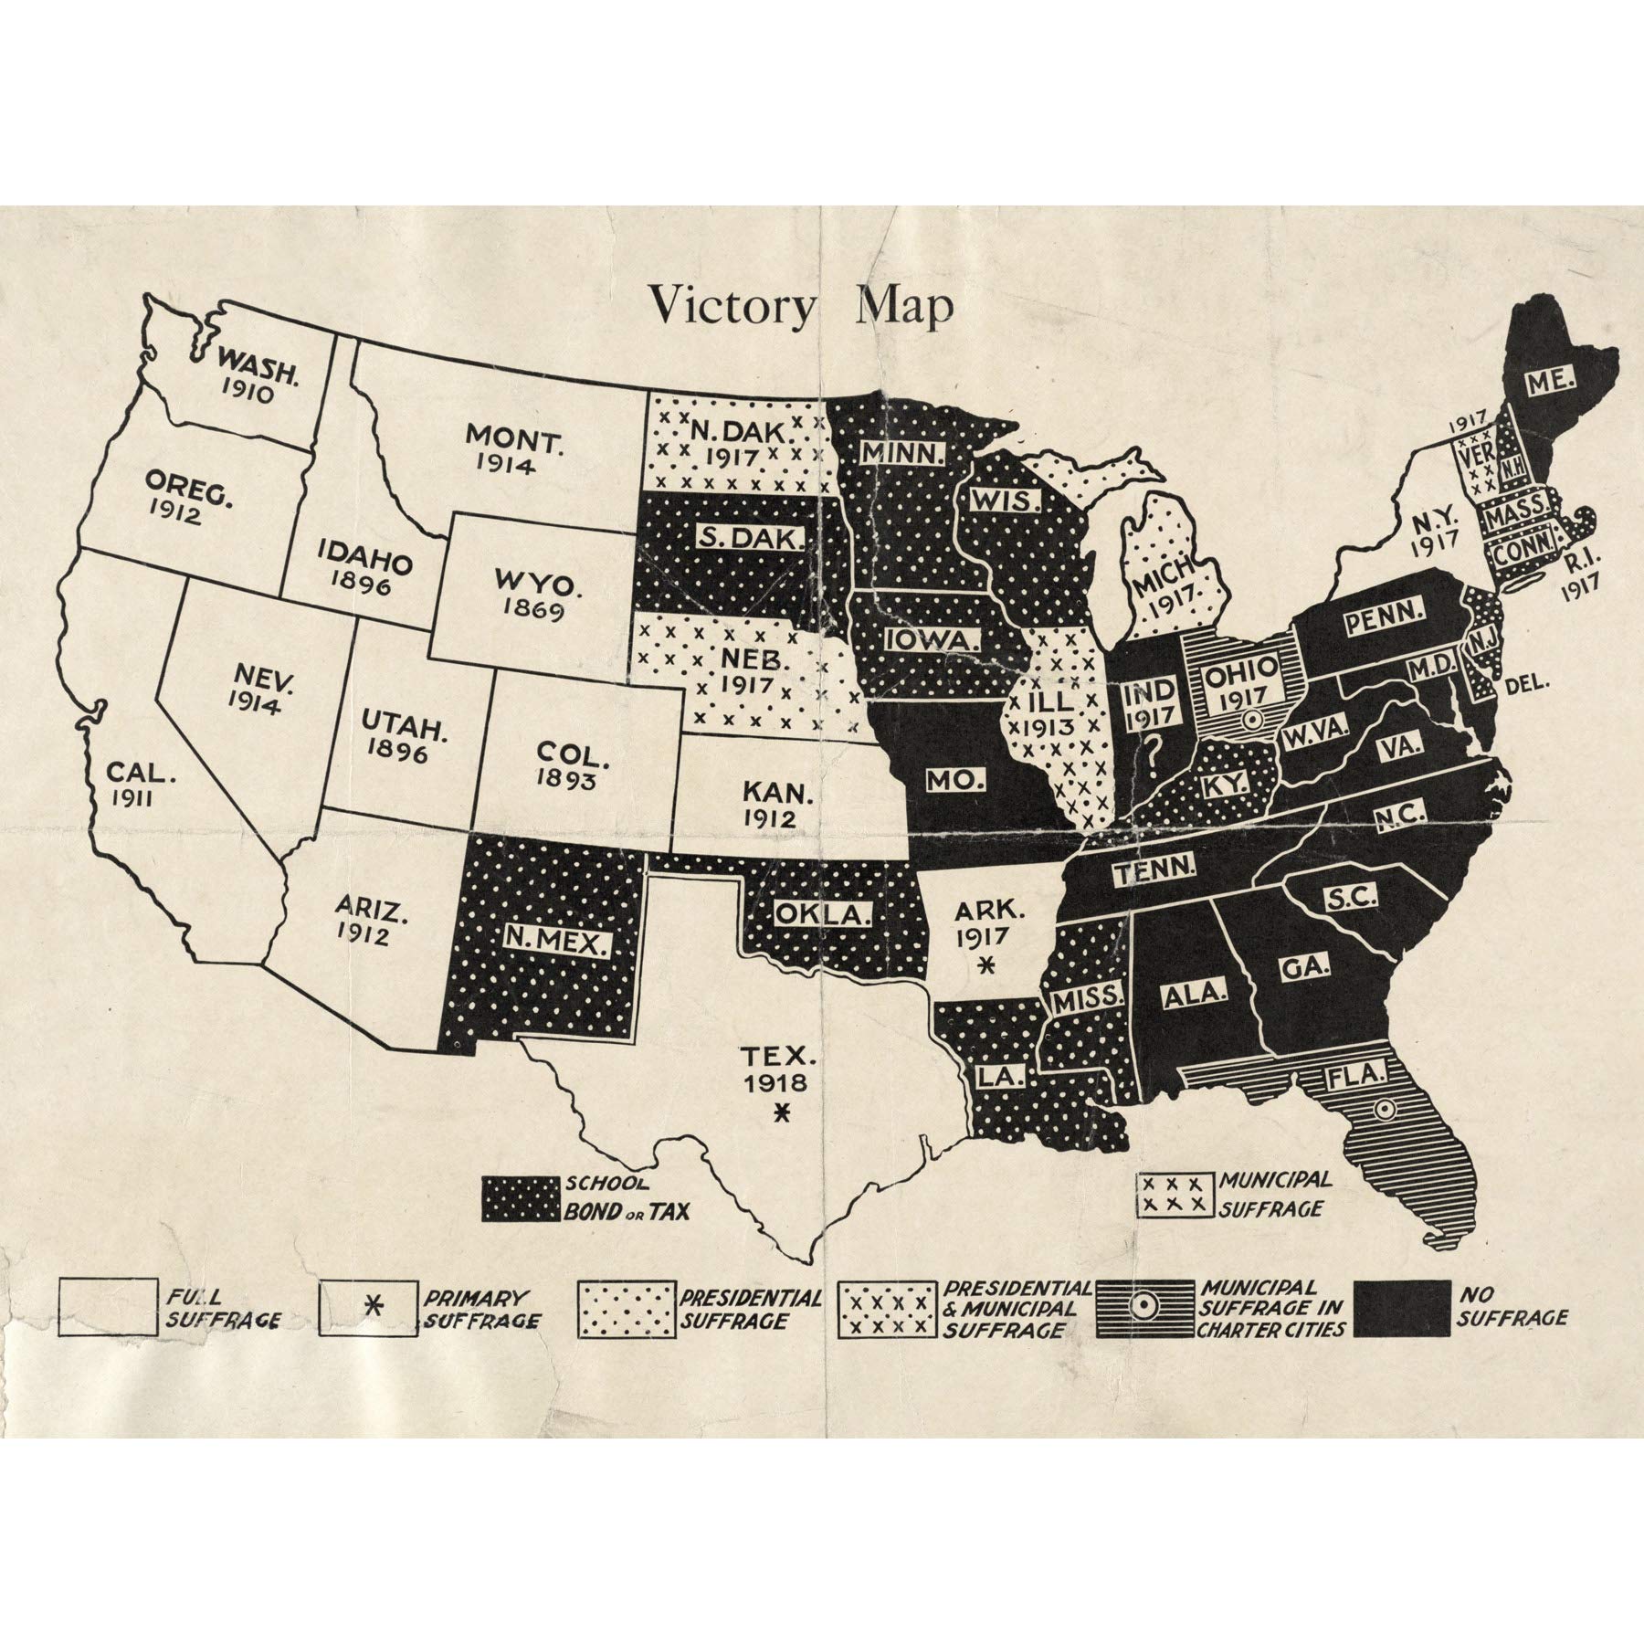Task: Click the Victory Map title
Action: coord(800,307)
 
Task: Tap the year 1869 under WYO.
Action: coord(538,610)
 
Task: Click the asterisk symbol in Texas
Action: coord(781,1112)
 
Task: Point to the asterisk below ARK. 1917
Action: coord(985,965)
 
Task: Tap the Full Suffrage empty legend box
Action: coord(107,1308)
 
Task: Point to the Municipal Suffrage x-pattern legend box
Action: coord(1175,1195)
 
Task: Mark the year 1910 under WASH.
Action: coord(247,394)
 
